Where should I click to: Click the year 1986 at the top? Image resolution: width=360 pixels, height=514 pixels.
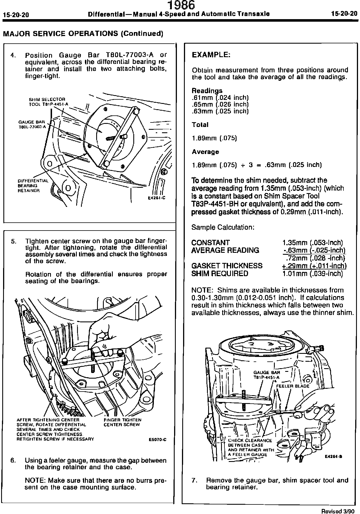click(181, 5)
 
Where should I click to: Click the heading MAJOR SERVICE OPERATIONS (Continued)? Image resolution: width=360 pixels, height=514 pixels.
click(83, 33)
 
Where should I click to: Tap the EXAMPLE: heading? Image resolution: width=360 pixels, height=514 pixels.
click(211, 55)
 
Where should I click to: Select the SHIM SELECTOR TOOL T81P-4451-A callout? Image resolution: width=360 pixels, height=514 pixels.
click(47, 102)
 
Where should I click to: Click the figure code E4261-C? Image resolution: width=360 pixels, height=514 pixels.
click(156, 198)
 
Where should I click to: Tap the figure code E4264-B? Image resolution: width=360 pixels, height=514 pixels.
click(333, 457)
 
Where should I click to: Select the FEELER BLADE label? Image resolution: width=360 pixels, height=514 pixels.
click(292, 386)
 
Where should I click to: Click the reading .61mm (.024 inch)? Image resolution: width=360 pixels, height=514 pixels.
click(220, 98)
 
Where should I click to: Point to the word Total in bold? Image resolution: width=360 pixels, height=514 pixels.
click(200, 125)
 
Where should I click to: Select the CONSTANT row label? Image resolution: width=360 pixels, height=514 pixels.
click(210, 242)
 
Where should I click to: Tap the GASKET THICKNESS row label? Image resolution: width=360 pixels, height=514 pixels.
click(227, 266)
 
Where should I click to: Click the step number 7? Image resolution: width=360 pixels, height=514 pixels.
click(194, 480)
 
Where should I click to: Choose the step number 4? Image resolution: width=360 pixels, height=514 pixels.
click(12, 55)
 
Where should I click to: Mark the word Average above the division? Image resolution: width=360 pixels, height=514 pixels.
click(205, 152)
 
